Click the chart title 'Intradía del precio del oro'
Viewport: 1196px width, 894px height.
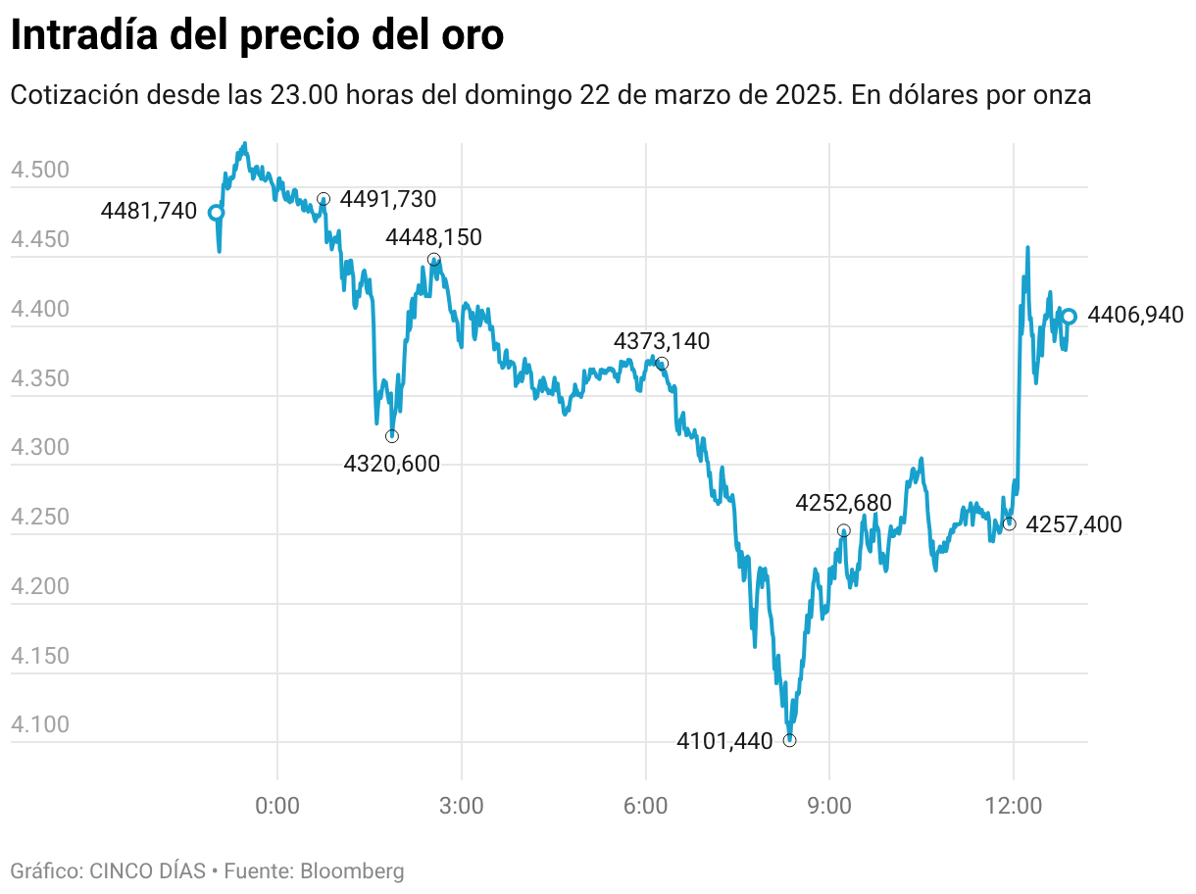pyautogui.click(x=257, y=36)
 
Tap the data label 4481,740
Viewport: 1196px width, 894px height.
pyautogui.click(x=149, y=211)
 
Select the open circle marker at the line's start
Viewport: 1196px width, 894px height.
pyautogui.click(x=217, y=212)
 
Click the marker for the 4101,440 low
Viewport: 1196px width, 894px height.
pyautogui.click(x=790, y=740)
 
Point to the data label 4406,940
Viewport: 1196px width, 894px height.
pyautogui.click(x=1136, y=316)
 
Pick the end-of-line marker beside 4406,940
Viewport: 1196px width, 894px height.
pyautogui.click(x=1070, y=316)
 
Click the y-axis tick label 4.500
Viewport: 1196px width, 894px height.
pyautogui.click(x=39, y=171)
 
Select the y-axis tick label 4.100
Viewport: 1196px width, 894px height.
pyautogui.click(x=39, y=724)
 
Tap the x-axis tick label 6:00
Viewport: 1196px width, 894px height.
pyautogui.click(x=645, y=807)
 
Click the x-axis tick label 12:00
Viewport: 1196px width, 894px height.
pyautogui.click(x=1013, y=807)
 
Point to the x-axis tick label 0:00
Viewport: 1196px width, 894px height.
pyautogui.click(x=277, y=807)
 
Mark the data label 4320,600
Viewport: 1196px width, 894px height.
pyautogui.click(x=392, y=464)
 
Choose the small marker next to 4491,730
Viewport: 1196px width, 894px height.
pyautogui.click(x=324, y=199)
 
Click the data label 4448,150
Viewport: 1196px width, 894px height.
pyautogui.click(x=434, y=237)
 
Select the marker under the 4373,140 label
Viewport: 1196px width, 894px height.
pyautogui.click(x=663, y=364)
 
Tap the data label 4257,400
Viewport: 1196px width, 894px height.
pyautogui.click(x=1074, y=525)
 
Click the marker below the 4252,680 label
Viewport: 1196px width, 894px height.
pyautogui.click(x=844, y=530)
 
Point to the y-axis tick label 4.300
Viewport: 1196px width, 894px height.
pyautogui.click(x=39, y=448)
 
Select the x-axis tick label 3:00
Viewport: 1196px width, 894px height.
pyautogui.click(x=461, y=807)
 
